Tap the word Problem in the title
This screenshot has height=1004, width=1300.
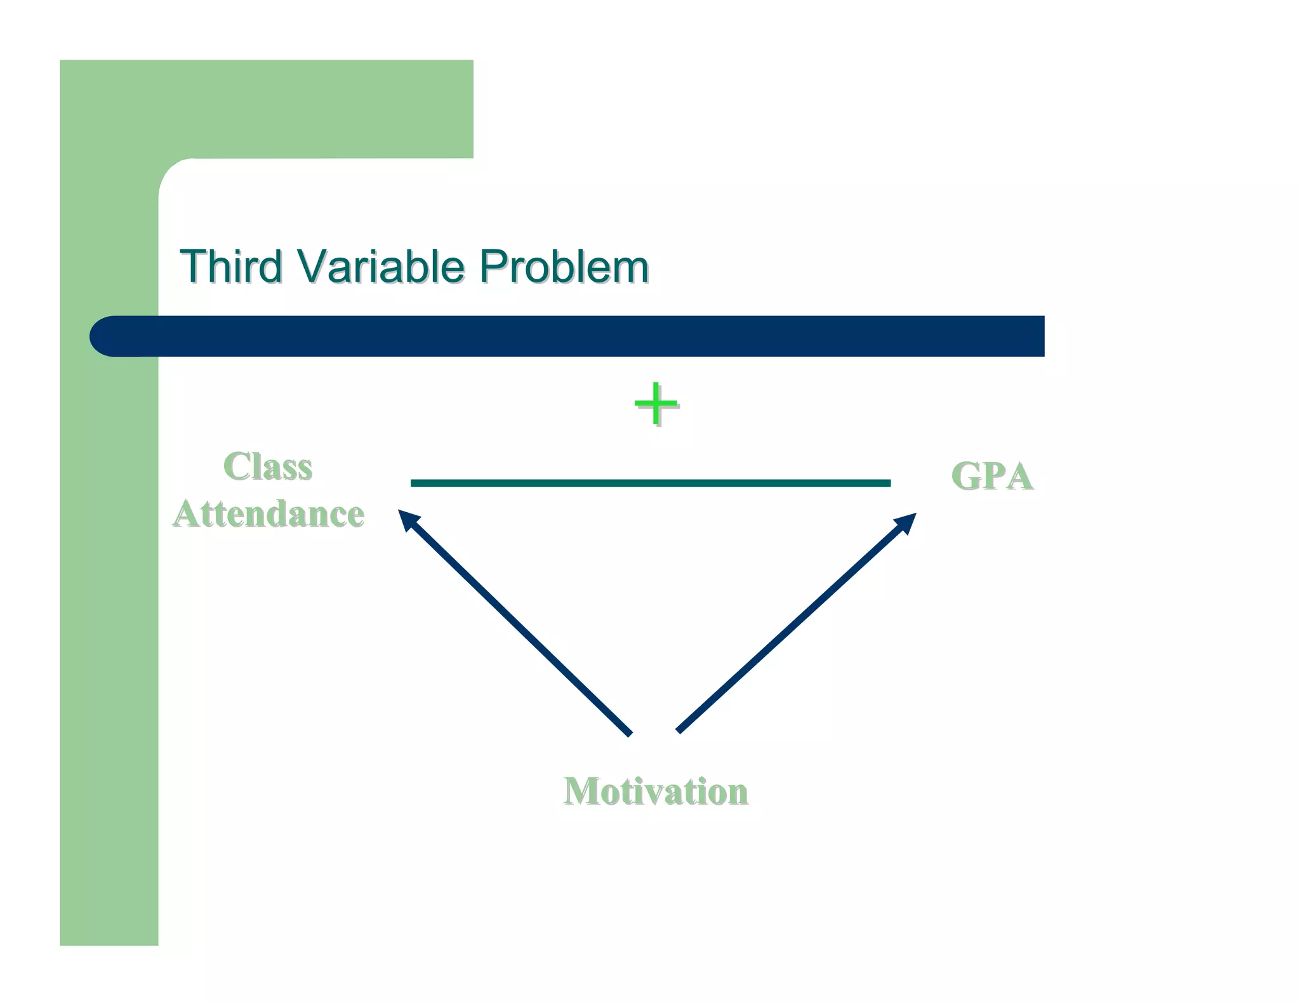(563, 267)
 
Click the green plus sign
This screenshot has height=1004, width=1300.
(656, 404)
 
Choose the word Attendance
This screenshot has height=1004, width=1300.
(269, 513)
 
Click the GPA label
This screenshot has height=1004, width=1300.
(992, 476)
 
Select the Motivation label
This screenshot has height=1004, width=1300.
(655, 791)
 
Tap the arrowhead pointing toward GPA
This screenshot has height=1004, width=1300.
(907, 522)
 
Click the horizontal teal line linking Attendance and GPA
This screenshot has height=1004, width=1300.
(650, 483)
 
